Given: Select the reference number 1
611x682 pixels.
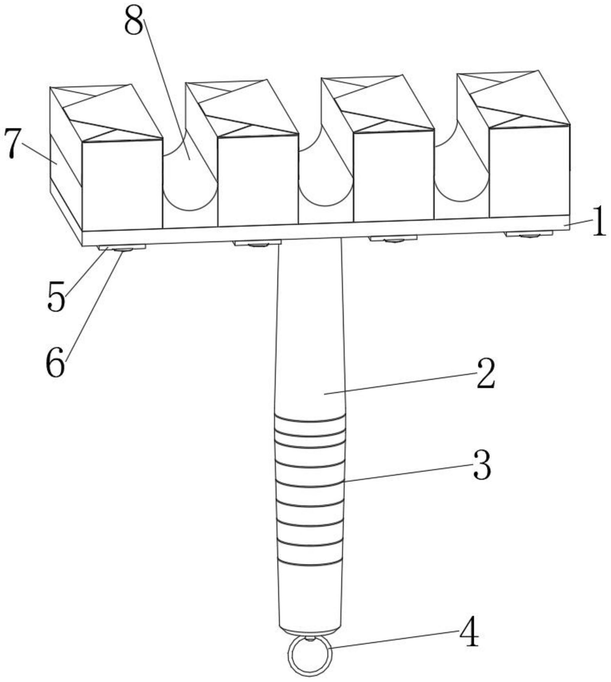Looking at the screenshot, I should click(599, 226).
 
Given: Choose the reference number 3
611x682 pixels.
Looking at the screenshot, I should click(483, 469).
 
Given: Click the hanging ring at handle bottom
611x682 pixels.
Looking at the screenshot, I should click(310, 655).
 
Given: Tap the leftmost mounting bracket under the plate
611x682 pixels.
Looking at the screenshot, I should click(122, 248).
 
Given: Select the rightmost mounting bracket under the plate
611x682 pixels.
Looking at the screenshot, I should click(529, 234).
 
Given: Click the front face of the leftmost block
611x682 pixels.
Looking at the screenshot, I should click(122, 185).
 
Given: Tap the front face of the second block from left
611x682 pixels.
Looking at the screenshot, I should click(258, 180).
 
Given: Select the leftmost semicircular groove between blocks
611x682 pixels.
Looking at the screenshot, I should click(190, 188).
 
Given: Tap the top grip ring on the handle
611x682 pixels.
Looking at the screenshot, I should click(310, 419).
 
